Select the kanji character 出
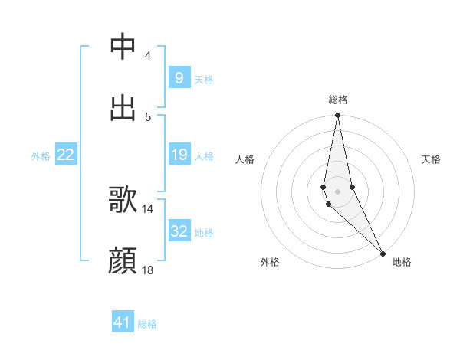coord(123,108)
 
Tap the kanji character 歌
coord(123,200)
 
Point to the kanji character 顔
coord(123,261)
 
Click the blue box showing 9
coord(179,78)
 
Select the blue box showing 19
coord(179,155)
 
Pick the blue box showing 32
coord(179,232)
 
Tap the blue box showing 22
coord(65,155)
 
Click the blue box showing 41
coord(123,322)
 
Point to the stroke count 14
coord(148,208)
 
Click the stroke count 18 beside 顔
coord(148,270)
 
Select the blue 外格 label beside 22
coord(41,155)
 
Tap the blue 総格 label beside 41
coord(147,324)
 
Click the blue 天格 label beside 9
coord(204,79)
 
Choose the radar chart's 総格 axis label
coord(337,100)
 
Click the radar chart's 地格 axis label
coord(402,262)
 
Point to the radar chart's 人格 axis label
coord(245,159)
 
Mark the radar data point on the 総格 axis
coord(337,116)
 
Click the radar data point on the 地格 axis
coord(383,253)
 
